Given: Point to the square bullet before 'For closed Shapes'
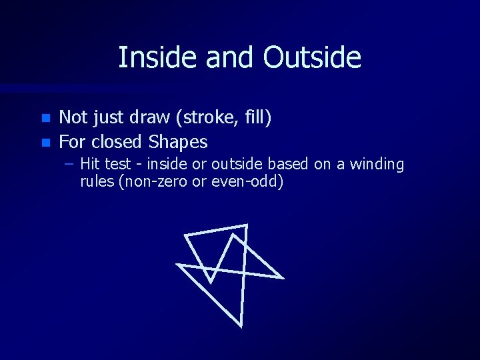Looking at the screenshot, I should [x=45, y=142].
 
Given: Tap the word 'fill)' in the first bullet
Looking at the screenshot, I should [x=255, y=119].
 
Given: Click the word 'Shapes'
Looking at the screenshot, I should [x=178, y=142].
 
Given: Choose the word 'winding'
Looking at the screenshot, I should [x=377, y=164].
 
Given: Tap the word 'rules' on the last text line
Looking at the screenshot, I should [x=97, y=181].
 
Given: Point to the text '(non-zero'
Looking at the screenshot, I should [x=149, y=181].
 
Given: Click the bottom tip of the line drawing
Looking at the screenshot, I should [x=241, y=326].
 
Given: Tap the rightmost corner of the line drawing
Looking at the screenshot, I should [x=283, y=277].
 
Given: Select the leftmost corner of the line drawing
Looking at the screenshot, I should [x=177, y=265].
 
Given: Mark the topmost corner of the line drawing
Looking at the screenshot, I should [x=247, y=225].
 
